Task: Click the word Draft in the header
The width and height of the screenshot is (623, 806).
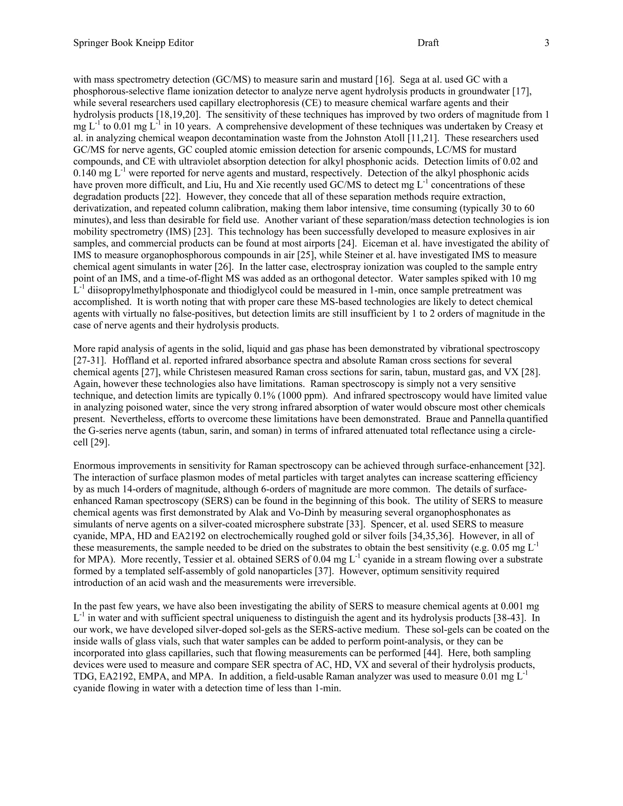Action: point(428,43)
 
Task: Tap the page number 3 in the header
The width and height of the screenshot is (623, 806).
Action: point(547,43)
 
